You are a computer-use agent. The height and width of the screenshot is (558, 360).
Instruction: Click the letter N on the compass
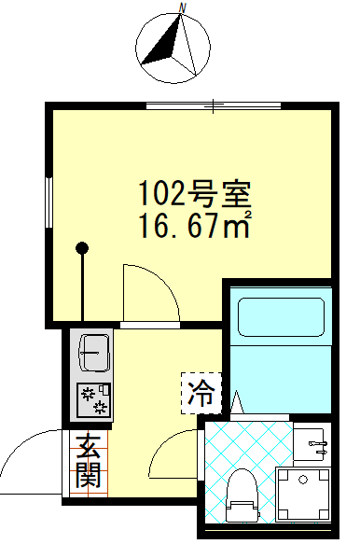pos(185,7)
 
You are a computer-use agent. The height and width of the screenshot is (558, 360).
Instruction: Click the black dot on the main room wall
pos(83,248)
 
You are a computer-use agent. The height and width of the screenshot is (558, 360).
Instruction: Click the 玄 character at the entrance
pos(89,447)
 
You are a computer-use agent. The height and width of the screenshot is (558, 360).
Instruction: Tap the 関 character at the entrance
pos(89,478)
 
